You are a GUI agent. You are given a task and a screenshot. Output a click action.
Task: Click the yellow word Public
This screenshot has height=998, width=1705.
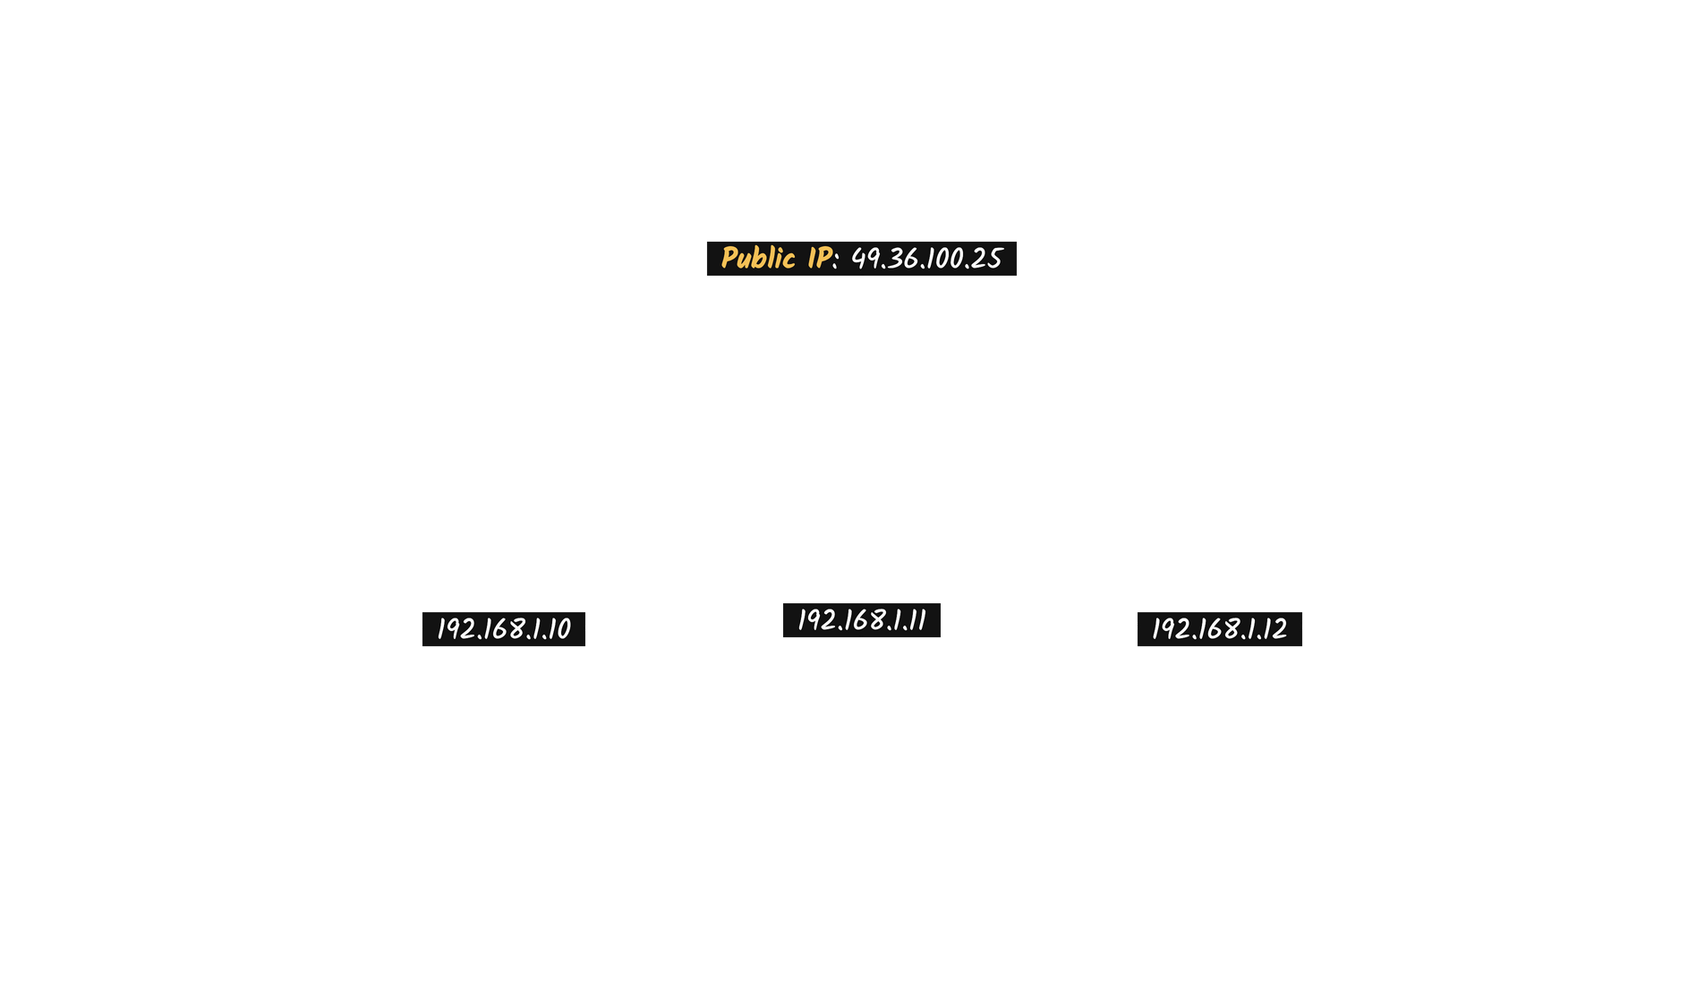(x=757, y=259)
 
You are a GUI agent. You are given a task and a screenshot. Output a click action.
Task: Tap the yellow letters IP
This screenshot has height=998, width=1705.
(x=819, y=258)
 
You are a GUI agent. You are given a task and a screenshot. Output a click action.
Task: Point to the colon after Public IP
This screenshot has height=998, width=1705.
(x=836, y=260)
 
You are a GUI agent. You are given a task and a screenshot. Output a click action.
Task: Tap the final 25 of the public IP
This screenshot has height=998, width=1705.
(x=986, y=259)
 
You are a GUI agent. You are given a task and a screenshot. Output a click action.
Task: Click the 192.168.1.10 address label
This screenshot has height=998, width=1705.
(x=504, y=629)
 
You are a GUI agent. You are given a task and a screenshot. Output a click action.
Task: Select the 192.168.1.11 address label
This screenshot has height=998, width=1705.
(x=862, y=620)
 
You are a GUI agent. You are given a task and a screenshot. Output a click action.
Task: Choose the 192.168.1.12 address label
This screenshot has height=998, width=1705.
(x=1220, y=629)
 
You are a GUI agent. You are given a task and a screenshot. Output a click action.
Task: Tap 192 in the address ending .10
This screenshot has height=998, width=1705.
(x=456, y=629)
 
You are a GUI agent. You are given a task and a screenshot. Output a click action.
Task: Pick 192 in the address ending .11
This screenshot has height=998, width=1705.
(x=816, y=620)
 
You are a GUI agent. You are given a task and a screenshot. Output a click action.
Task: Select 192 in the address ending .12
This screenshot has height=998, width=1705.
(x=1171, y=629)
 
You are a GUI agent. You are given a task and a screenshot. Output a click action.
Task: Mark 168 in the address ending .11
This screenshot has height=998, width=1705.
(x=864, y=620)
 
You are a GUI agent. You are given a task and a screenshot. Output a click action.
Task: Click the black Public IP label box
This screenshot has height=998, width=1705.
(x=862, y=259)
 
